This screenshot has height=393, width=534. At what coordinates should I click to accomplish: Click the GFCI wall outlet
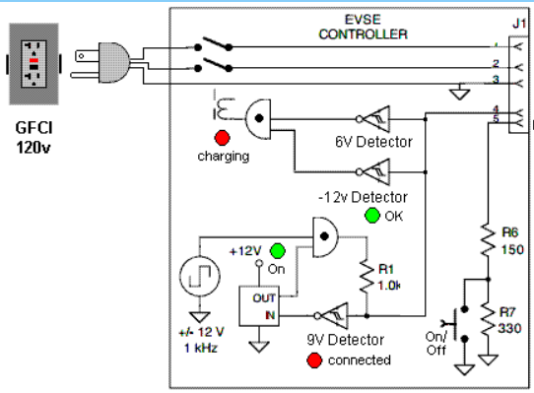click(x=35, y=65)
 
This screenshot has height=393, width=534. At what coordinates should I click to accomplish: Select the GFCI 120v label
click(x=36, y=137)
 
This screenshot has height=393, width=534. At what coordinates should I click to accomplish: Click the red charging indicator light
click(x=223, y=138)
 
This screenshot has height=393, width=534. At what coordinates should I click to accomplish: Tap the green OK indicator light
click(x=371, y=215)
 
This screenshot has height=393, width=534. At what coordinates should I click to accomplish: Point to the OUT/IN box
click(x=260, y=306)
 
